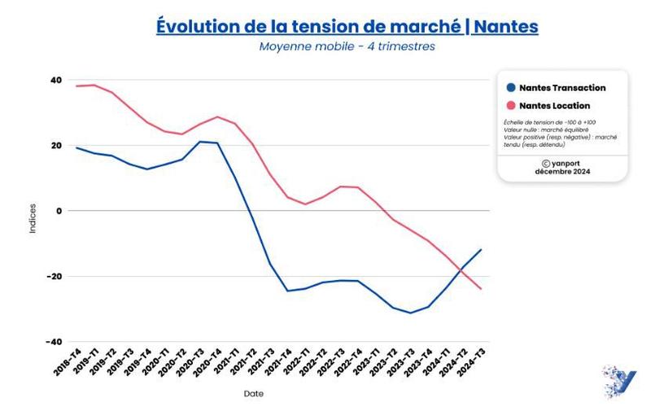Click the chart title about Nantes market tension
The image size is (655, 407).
click(x=347, y=25)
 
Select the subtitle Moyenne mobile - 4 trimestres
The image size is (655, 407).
click(x=347, y=46)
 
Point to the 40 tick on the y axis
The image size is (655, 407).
click(x=56, y=80)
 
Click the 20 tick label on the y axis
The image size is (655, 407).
click(x=56, y=146)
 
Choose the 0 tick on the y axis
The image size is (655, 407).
click(x=59, y=211)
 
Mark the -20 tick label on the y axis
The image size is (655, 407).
click(x=55, y=276)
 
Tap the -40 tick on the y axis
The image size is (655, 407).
click(x=55, y=341)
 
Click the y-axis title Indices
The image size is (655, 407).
click(x=33, y=218)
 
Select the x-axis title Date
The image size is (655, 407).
click(x=254, y=394)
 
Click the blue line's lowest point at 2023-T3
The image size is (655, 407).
click(x=411, y=313)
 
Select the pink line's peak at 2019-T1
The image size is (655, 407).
click(x=94, y=85)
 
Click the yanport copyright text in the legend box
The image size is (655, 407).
click(x=562, y=163)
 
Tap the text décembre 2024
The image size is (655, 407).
click(x=562, y=172)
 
